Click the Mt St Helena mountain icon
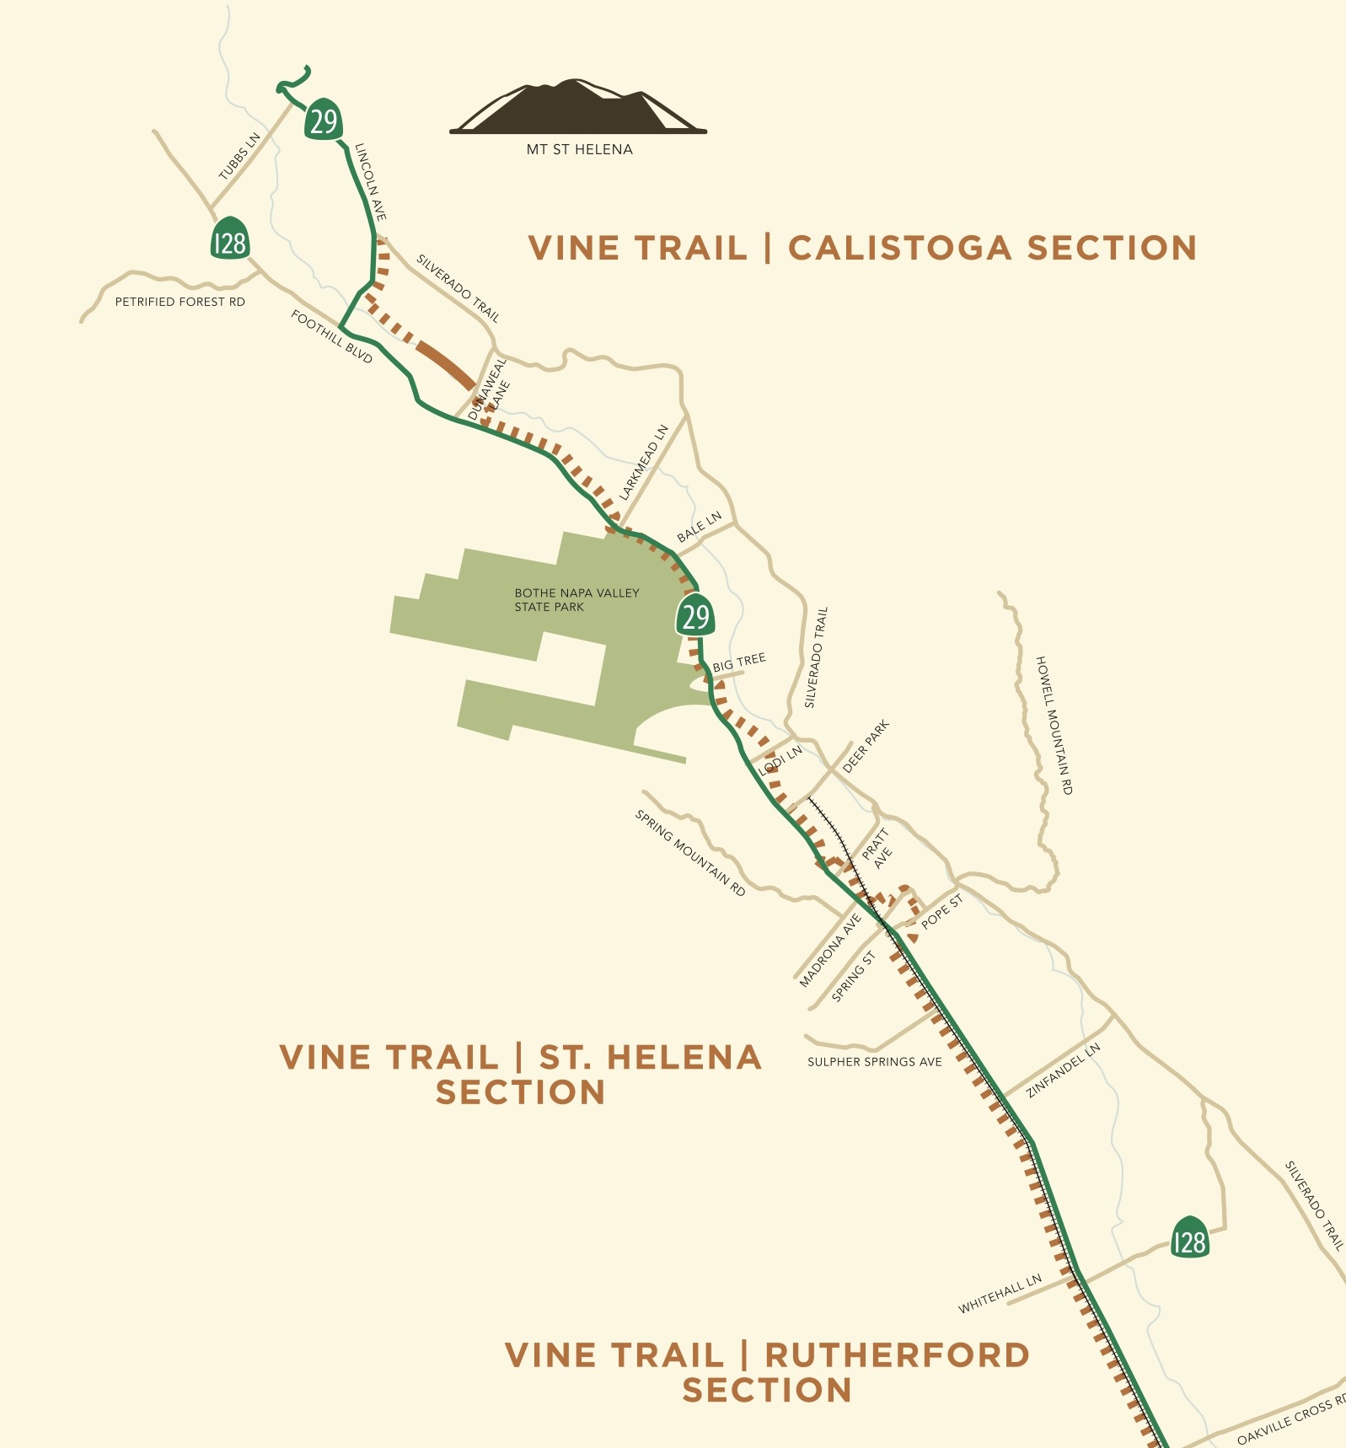click(578, 108)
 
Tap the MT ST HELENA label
click(579, 149)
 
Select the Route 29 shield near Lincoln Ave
click(323, 121)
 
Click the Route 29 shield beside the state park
click(695, 616)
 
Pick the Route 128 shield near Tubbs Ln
click(229, 241)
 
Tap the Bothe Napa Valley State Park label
click(576, 599)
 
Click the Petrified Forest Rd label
click(180, 302)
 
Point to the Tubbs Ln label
click(240, 157)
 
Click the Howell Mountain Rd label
click(1054, 725)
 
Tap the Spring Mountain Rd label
click(690, 853)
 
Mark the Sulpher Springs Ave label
click(874, 1062)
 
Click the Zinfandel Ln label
click(1063, 1070)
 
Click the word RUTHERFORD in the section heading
click(897, 1355)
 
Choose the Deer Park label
click(866, 747)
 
